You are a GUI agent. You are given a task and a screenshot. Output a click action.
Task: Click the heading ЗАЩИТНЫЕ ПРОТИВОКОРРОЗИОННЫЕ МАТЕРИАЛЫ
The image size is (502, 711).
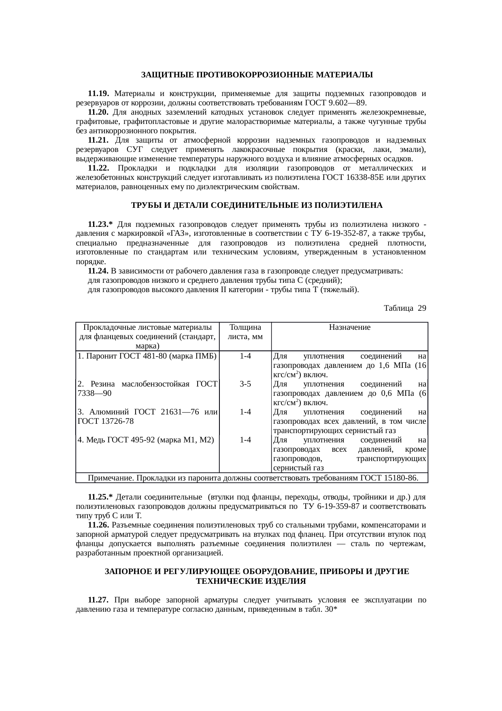click(257, 75)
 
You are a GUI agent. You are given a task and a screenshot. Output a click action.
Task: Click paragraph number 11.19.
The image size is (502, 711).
click(98, 94)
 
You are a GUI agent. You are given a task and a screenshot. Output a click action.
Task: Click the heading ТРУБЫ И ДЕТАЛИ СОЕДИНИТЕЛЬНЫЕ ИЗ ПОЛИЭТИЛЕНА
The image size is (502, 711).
click(257, 205)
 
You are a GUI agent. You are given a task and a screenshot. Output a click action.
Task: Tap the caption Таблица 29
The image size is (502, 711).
click(404, 308)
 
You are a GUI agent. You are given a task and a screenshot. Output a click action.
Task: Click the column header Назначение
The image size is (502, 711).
click(349, 327)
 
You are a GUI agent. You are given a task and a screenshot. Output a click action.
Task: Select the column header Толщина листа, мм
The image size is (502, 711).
click(245, 332)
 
